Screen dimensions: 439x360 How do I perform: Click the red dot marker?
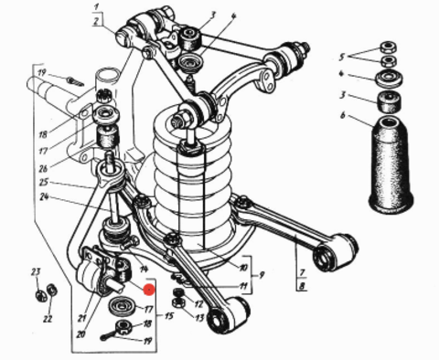point(149,290)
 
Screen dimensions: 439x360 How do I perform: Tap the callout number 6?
point(343,115)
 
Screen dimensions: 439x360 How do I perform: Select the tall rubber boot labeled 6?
point(391,164)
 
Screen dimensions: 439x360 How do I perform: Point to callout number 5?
point(342,57)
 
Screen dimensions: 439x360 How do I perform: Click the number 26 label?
point(44,168)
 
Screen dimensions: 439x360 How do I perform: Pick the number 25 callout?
point(44,183)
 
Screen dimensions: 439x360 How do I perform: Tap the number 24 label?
point(45,196)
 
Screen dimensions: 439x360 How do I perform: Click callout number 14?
point(144,269)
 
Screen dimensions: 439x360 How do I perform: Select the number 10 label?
point(243,268)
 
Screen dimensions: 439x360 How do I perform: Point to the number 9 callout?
point(262,275)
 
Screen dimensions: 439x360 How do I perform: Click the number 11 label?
point(243,286)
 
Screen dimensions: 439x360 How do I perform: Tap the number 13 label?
point(199,318)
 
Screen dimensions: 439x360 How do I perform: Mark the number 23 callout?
point(36,271)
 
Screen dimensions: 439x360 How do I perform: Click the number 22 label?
point(48,319)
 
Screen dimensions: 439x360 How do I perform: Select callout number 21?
point(81,318)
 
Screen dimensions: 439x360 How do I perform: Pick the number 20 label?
point(80,334)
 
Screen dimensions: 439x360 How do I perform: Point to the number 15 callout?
point(169,316)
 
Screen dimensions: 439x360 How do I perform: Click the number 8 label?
point(302,287)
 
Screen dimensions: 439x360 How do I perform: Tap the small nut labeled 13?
point(177,302)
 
